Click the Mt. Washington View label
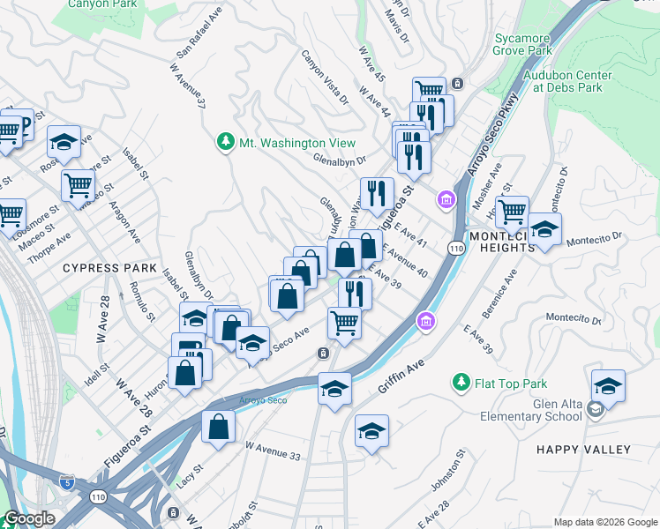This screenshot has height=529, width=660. click(296, 143)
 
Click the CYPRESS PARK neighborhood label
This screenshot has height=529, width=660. click(109, 267)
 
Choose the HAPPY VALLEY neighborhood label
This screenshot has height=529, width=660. click(583, 450)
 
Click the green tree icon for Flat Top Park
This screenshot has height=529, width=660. click(460, 383)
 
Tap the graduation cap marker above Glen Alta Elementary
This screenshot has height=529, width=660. click(608, 386)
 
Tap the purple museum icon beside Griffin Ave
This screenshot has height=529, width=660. click(427, 323)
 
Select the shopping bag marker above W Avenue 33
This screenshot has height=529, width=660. click(218, 427)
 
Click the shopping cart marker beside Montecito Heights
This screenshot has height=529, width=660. click(512, 212)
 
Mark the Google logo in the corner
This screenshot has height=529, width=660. click(29, 519)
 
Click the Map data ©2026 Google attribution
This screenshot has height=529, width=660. click(604, 522)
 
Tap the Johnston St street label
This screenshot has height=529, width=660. click(448, 473)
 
